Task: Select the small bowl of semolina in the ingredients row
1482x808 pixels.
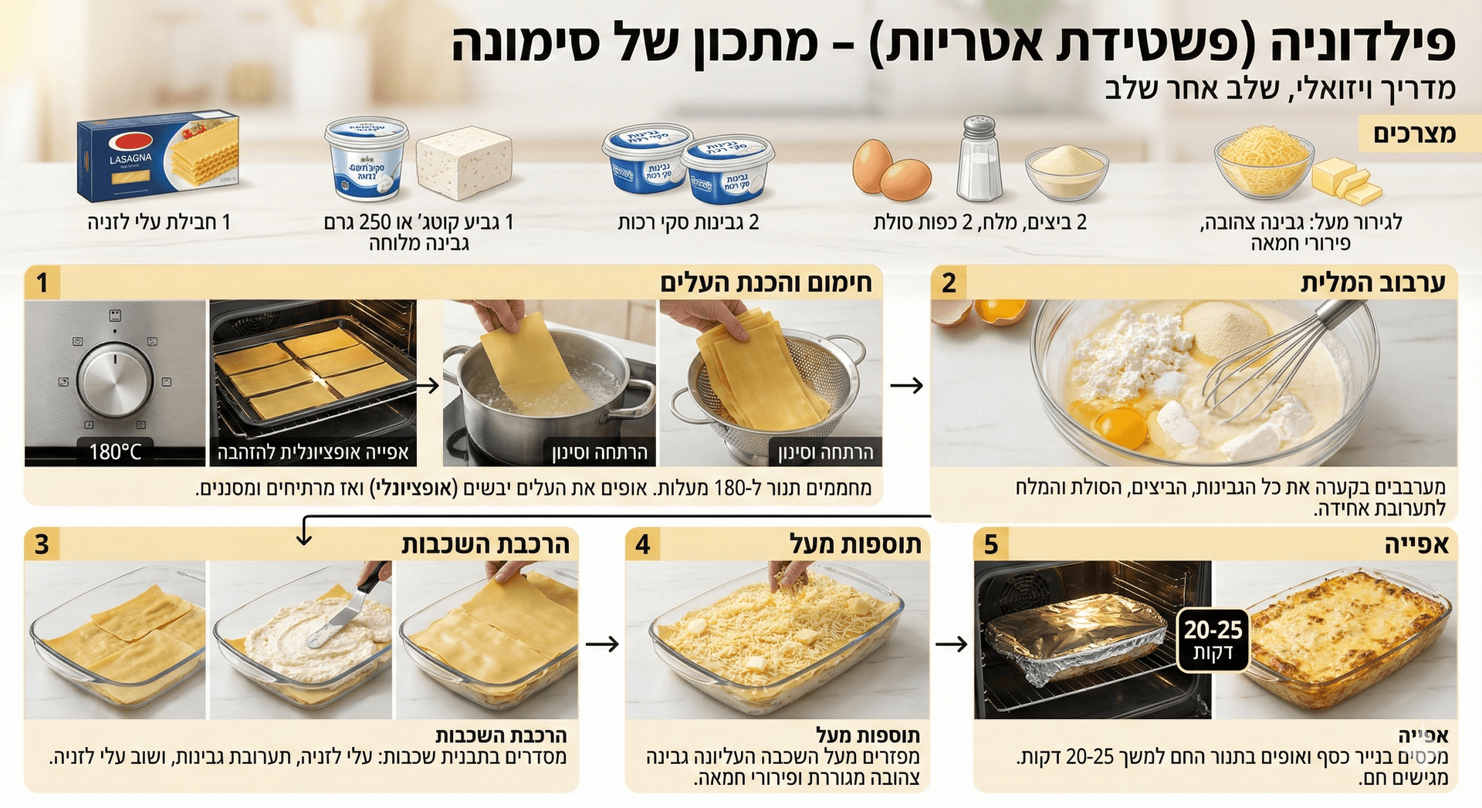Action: (1067, 171)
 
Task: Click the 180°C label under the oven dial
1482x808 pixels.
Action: (115, 451)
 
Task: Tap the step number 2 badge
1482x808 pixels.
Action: (949, 283)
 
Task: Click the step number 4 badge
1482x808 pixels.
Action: (642, 544)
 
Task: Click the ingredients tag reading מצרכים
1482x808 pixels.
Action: (1414, 134)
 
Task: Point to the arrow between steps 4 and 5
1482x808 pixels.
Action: (951, 644)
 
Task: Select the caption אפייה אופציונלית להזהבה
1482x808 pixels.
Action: (313, 452)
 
